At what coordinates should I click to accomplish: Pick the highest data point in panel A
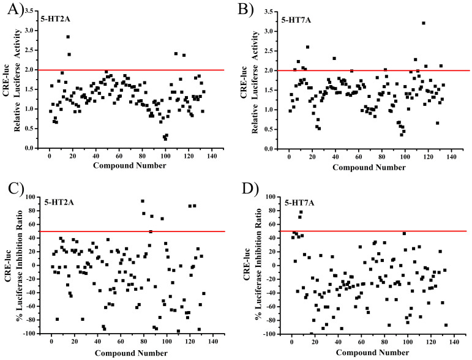68,37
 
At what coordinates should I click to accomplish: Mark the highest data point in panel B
423,23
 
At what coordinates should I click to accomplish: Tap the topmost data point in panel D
301,212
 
